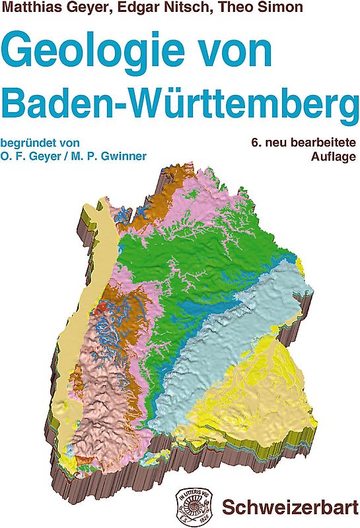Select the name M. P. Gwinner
pyautogui.click(x=116, y=156)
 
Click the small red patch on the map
pyautogui.click(x=100, y=308)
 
